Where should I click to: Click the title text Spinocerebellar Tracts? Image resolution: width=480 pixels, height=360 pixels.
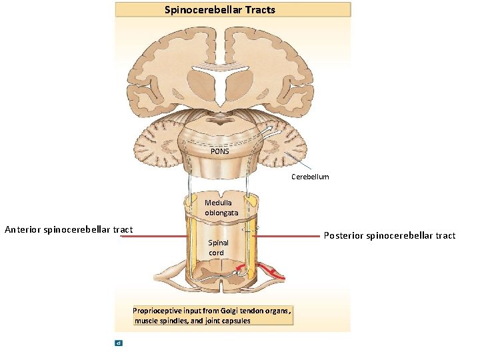tap(220, 9)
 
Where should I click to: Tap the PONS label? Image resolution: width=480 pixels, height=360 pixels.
tap(220, 151)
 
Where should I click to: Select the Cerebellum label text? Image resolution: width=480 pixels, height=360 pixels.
tap(310, 177)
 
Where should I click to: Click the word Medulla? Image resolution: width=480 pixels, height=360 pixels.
tap(219, 203)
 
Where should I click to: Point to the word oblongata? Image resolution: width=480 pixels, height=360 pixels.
tap(221, 213)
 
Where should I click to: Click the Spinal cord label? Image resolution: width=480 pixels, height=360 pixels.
tap(218, 247)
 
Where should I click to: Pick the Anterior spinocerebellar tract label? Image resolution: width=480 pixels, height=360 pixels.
tap(69, 229)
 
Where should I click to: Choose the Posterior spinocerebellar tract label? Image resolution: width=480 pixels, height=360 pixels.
tap(389, 235)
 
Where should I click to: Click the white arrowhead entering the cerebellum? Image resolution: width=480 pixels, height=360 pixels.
tap(269, 128)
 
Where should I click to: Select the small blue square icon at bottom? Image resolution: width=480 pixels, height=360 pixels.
tap(118, 343)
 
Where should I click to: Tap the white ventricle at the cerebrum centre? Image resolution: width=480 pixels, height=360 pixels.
tap(220, 83)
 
